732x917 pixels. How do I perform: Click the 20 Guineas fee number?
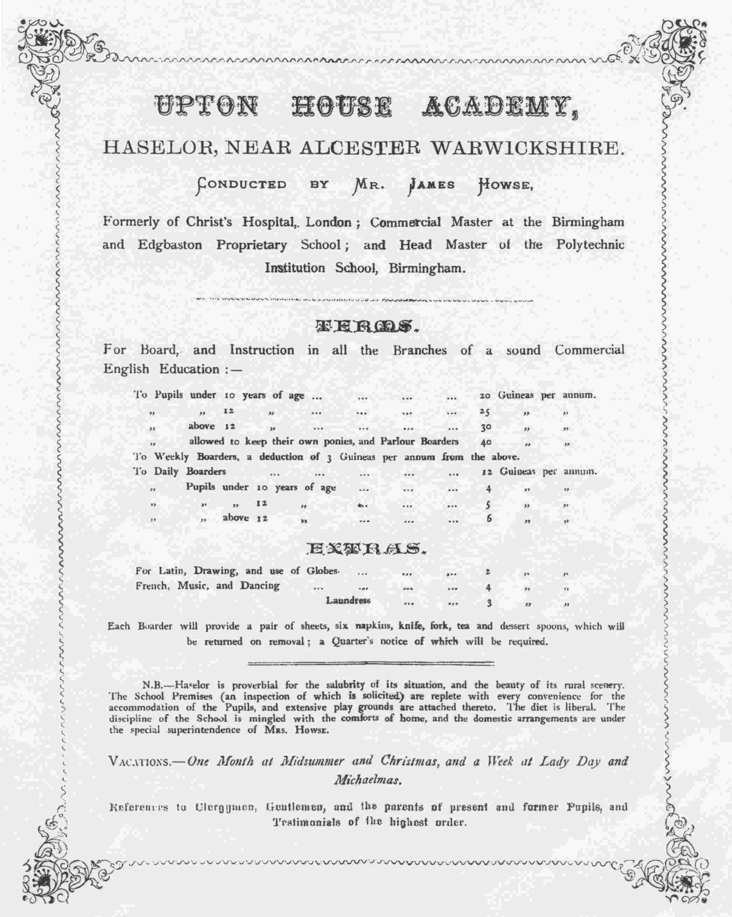point(485,395)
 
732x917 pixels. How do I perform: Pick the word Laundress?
point(348,600)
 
